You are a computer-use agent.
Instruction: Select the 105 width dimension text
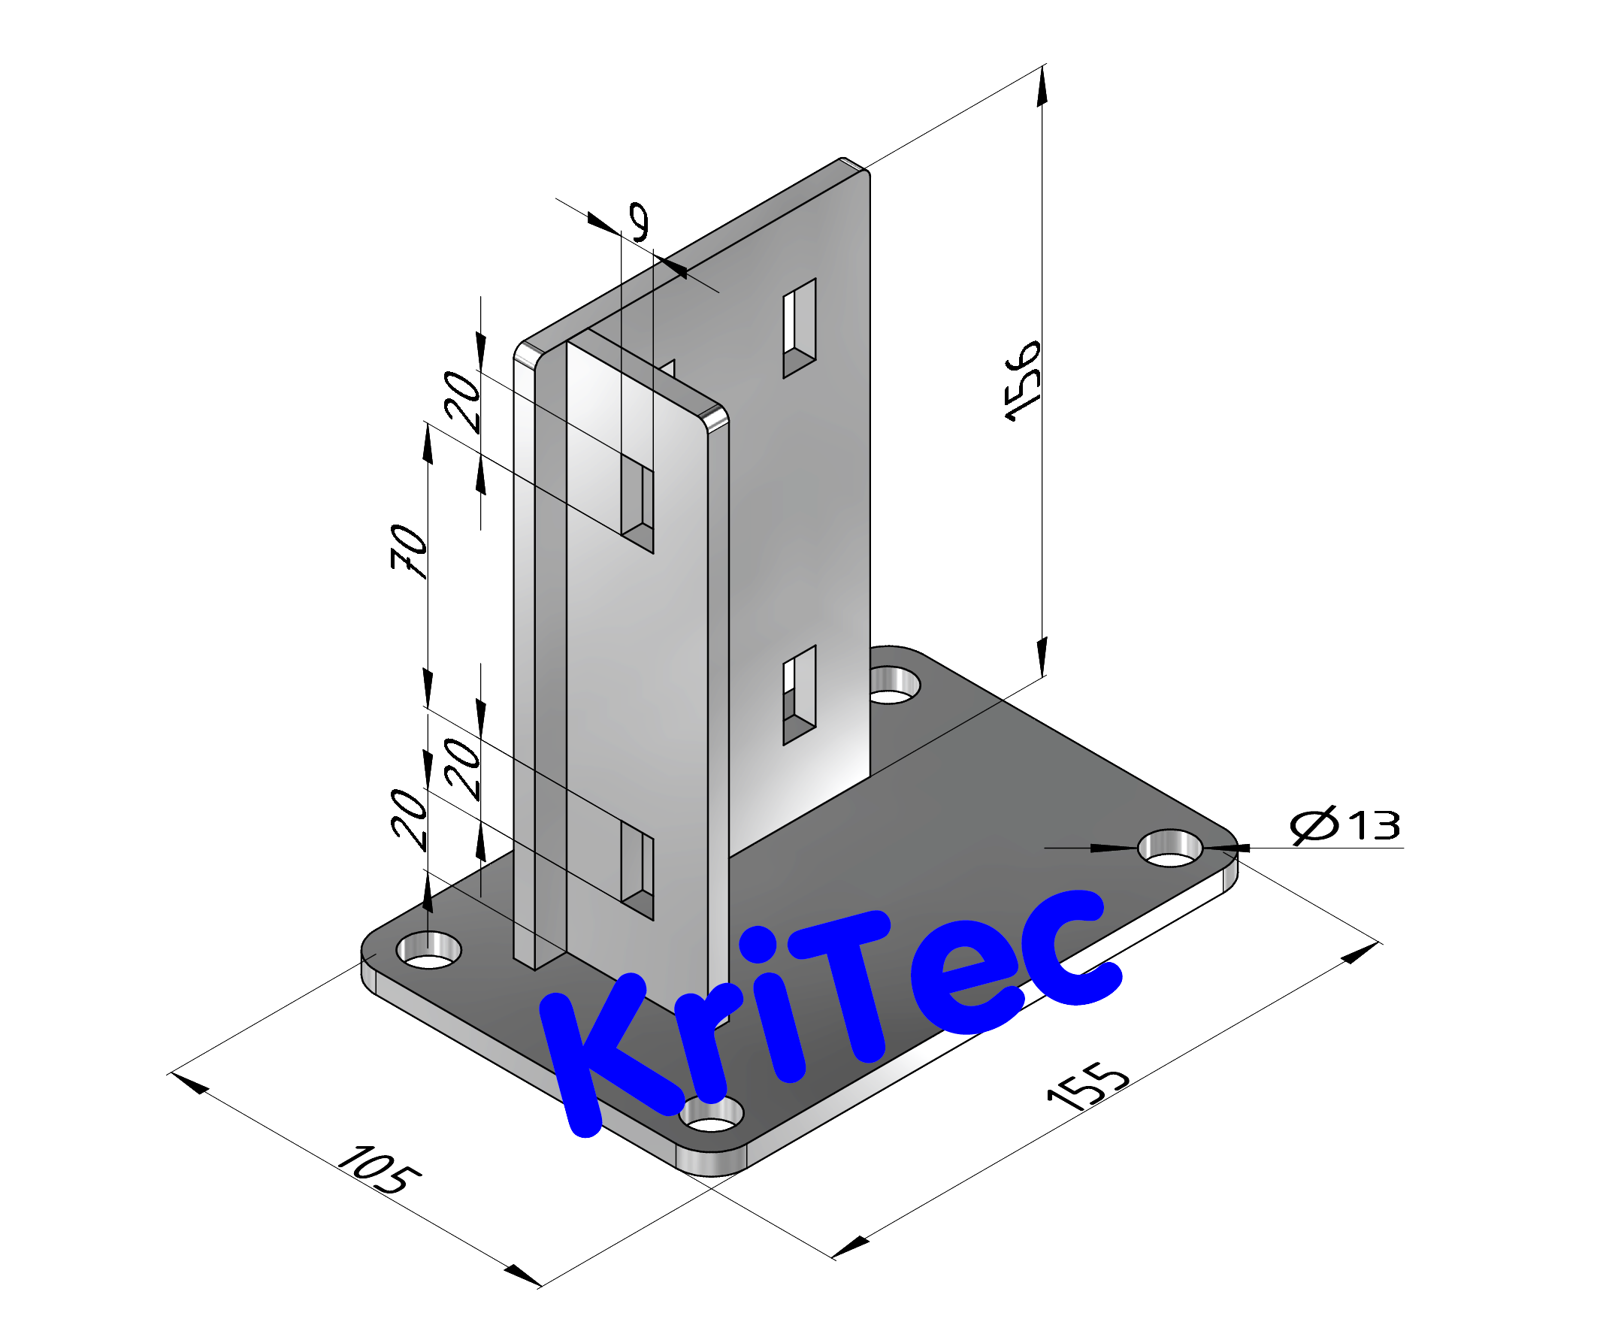(378, 1169)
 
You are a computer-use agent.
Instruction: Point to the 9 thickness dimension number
(640, 222)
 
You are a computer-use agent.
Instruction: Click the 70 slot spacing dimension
(409, 551)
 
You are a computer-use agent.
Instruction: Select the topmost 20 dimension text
(462, 401)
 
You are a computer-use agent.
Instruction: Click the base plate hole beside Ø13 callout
(1170, 847)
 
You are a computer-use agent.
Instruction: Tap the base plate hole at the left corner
(429, 951)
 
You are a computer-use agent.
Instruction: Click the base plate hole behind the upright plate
(894, 685)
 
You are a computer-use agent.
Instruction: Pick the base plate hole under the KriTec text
(711, 1115)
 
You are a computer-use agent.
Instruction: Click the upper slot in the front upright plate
(637, 503)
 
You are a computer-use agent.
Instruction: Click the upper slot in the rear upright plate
(800, 328)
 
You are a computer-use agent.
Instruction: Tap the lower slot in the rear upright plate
(800, 694)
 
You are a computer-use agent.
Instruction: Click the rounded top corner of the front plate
(715, 418)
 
